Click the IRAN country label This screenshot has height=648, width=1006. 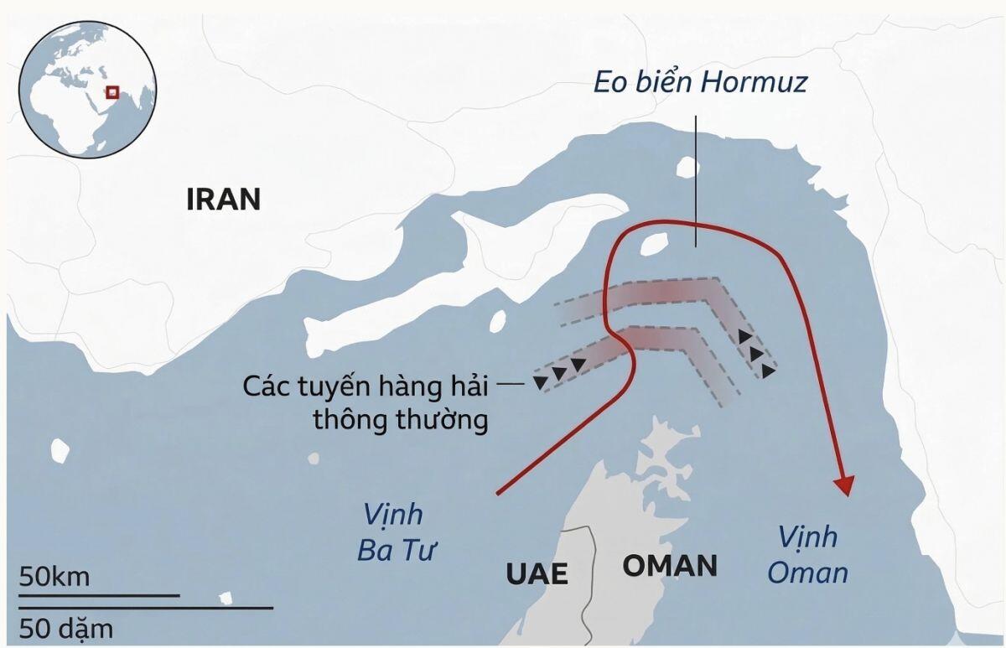[x=223, y=200]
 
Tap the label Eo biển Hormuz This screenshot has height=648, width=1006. [x=700, y=83]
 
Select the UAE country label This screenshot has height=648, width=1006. [x=537, y=573]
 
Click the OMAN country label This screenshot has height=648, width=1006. [x=669, y=566]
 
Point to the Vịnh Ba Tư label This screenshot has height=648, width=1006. [x=394, y=532]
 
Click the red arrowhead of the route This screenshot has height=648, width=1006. [x=845, y=485]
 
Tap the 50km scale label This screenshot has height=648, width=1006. [x=55, y=577]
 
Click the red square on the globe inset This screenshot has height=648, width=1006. [x=111, y=92]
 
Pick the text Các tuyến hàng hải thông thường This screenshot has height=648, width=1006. [x=366, y=403]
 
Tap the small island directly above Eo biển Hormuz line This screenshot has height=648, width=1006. [x=687, y=168]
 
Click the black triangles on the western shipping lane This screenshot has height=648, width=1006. [x=560, y=373]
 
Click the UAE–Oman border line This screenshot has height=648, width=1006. [x=592, y=578]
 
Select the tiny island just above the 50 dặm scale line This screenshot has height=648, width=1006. [x=225, y=599]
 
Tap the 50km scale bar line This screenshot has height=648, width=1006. [x=99, y=595]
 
